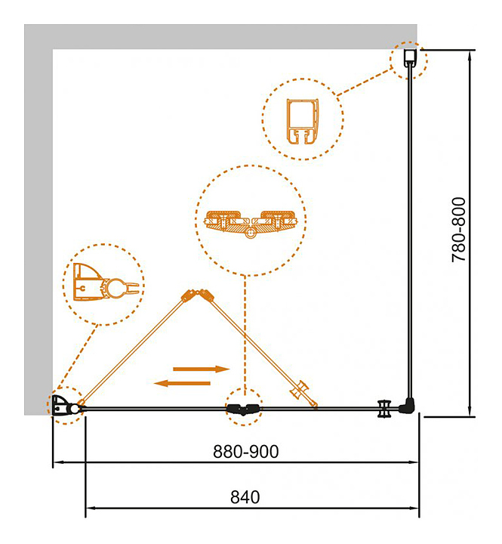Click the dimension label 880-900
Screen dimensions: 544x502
[246, 451]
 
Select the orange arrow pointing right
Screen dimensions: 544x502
[201, 369]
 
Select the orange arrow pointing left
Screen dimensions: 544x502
[182, 383]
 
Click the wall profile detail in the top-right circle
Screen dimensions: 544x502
[302, 119]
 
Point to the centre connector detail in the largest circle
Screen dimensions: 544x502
[251, 223]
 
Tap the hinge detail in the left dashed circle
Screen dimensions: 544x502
[104, 285]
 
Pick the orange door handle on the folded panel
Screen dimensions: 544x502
[305, 393]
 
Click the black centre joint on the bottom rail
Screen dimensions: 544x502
[243, 410]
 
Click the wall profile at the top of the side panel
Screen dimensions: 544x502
[408, 59]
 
